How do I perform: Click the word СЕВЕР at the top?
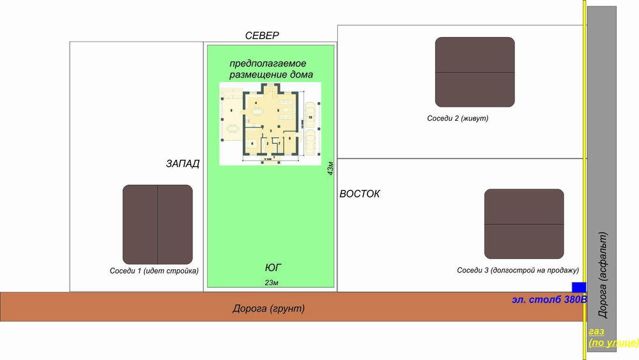point(262,36)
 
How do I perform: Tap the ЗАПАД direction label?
point(183,164)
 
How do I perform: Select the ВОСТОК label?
point(360,194)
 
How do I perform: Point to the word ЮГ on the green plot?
point(273,267)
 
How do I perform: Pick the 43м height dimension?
point(330,168)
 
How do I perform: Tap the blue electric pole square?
point(579,287)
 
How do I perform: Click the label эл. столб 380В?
point(549,299)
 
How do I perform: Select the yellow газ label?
point(596,332)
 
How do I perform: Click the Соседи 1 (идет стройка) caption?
point(154,270)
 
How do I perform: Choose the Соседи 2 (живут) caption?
point(462,118)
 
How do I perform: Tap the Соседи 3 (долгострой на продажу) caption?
point(518,270)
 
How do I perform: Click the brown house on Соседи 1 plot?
point(158,224)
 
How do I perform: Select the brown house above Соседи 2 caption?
point(475,72)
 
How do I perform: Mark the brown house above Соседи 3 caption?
point(524,223)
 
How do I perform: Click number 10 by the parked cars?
point(310,118)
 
